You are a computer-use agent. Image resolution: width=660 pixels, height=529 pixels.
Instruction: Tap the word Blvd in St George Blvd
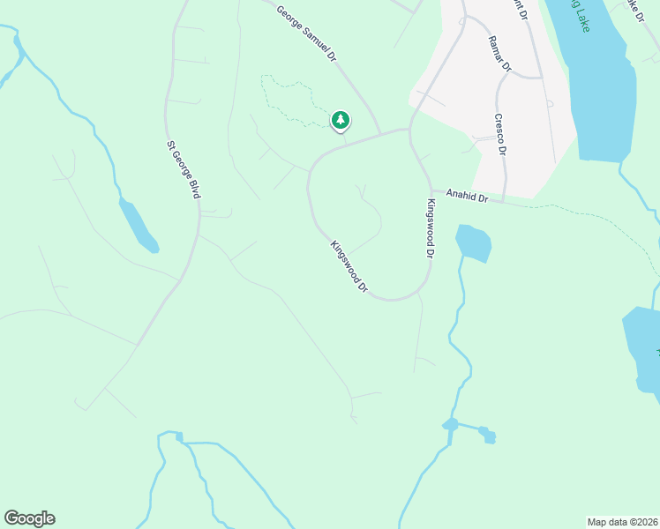[x=193, y=187]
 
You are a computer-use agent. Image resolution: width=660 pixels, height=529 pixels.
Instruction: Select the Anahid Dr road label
[x=467, y=195]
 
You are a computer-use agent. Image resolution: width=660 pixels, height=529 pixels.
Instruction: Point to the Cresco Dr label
[x=499, y=135]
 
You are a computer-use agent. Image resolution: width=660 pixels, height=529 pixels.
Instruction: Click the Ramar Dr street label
[x=500, y=53]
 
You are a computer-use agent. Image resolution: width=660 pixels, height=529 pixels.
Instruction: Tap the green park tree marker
[x=340, y=120]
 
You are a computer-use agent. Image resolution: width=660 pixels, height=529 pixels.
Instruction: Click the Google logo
[x=29, y=518]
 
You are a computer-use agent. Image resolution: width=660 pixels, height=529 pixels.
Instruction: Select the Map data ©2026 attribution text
[x=623, y=521]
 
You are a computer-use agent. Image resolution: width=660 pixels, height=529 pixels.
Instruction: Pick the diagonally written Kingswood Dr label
[x=349, y=266]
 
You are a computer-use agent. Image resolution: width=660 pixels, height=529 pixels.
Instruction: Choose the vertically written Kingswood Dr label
[x=431, y=228]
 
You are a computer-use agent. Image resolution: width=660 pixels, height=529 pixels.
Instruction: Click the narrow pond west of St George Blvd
[x=139, y=225]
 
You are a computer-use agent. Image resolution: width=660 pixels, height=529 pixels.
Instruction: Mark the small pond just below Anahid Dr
[x=473, y=242]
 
